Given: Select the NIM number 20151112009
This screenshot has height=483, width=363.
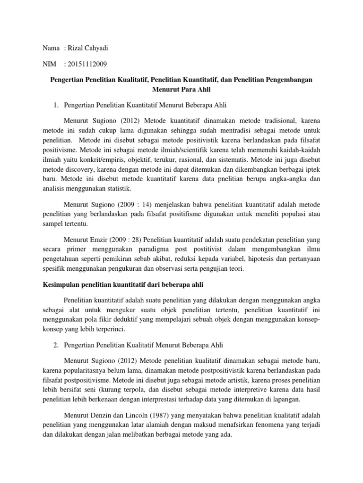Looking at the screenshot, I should click(88, 64).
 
